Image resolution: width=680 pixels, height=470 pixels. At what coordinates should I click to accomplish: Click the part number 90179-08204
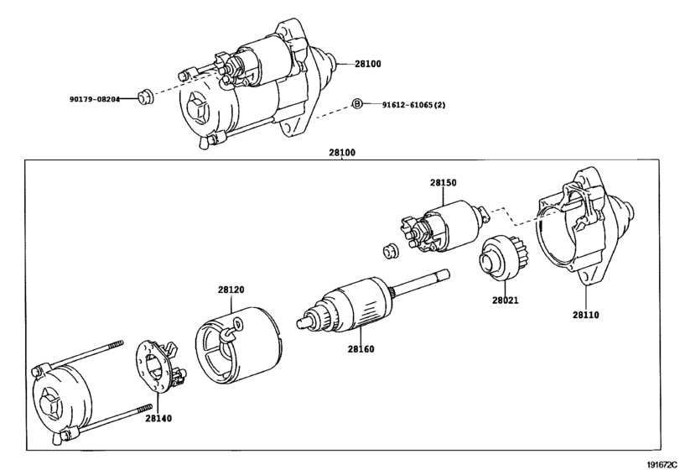(95, 99)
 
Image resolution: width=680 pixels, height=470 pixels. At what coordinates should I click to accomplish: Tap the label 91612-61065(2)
(413, 105)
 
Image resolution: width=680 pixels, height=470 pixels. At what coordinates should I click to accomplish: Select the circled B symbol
(356, 104)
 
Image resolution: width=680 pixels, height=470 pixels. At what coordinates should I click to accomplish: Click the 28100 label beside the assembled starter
(368, 64)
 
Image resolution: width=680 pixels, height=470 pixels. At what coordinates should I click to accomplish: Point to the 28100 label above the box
(342, 152)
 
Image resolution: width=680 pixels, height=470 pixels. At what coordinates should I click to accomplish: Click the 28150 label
(444, 183)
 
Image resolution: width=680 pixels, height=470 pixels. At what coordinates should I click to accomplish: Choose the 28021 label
(506, 300)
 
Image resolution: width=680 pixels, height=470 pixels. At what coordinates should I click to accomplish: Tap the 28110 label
(585, 315)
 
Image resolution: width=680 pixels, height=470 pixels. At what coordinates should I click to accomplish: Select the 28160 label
(361, 349)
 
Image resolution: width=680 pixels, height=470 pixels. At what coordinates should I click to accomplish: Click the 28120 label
(231, 290)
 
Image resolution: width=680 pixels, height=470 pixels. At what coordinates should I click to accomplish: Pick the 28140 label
(158, 418)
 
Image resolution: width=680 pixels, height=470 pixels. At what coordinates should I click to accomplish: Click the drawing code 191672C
(662, 465)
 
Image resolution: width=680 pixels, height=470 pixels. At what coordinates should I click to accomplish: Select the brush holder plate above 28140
(160, 366)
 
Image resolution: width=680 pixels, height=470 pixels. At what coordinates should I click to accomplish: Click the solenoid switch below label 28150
(444, 226)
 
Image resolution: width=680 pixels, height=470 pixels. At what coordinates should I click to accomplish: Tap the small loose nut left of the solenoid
(391, 251)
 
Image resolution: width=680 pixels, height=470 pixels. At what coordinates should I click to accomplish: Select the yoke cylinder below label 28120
(238, 346)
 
